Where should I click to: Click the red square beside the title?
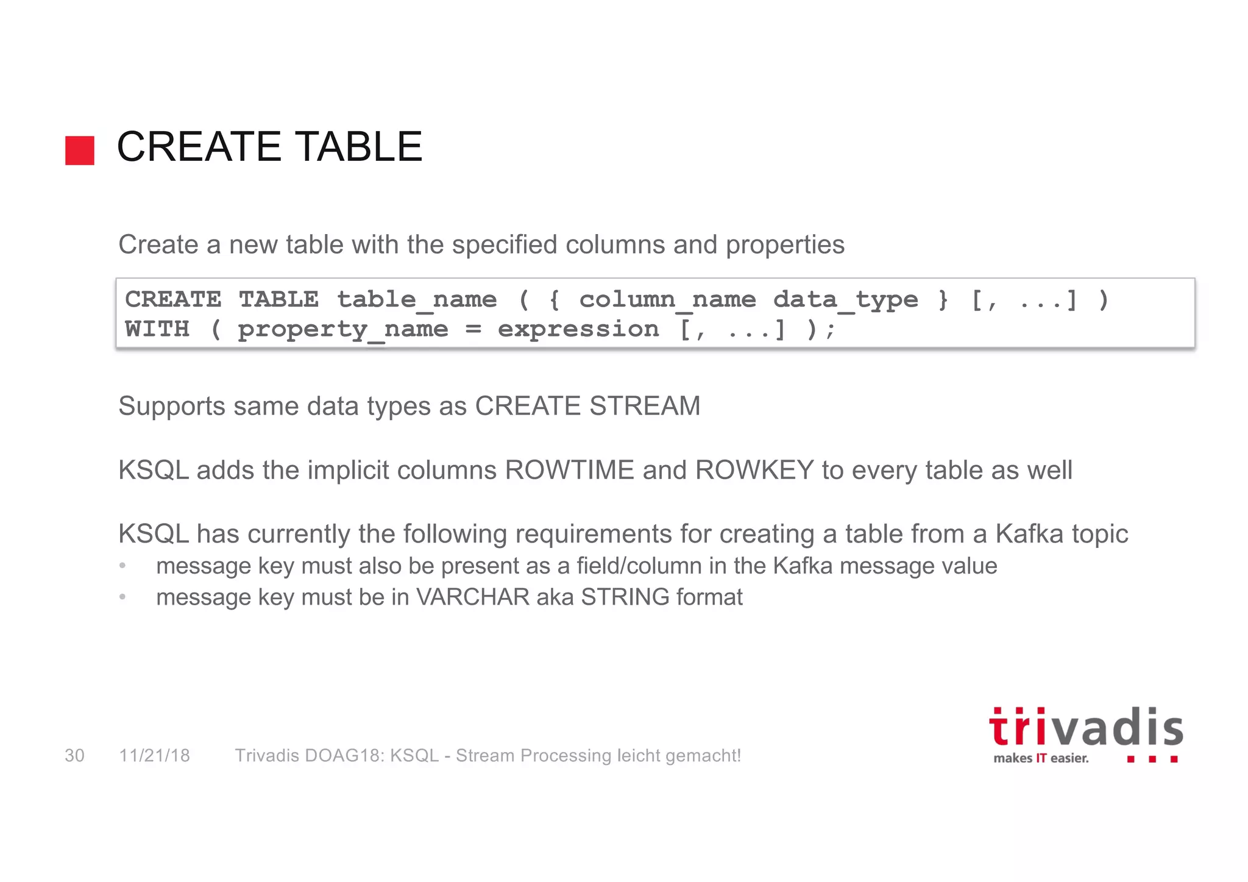point(80,151)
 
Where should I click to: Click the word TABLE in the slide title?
point(360,147)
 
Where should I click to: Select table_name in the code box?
point(417,300)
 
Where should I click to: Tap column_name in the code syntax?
point(667,300)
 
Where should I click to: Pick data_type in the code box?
point(845,300)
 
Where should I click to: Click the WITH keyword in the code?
point(157,329)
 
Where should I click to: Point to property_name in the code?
point(342,330)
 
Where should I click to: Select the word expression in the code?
point(578,330)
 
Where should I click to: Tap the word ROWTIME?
point(570,470)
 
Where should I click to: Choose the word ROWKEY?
point(754,470)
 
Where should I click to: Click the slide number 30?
point(74,756)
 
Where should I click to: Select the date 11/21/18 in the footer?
point(155,756)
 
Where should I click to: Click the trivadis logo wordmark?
point(1085,728)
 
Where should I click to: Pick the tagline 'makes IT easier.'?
point(1041,758)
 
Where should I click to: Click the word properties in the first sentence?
point(785,245)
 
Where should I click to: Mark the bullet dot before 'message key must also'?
point(122,566)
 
